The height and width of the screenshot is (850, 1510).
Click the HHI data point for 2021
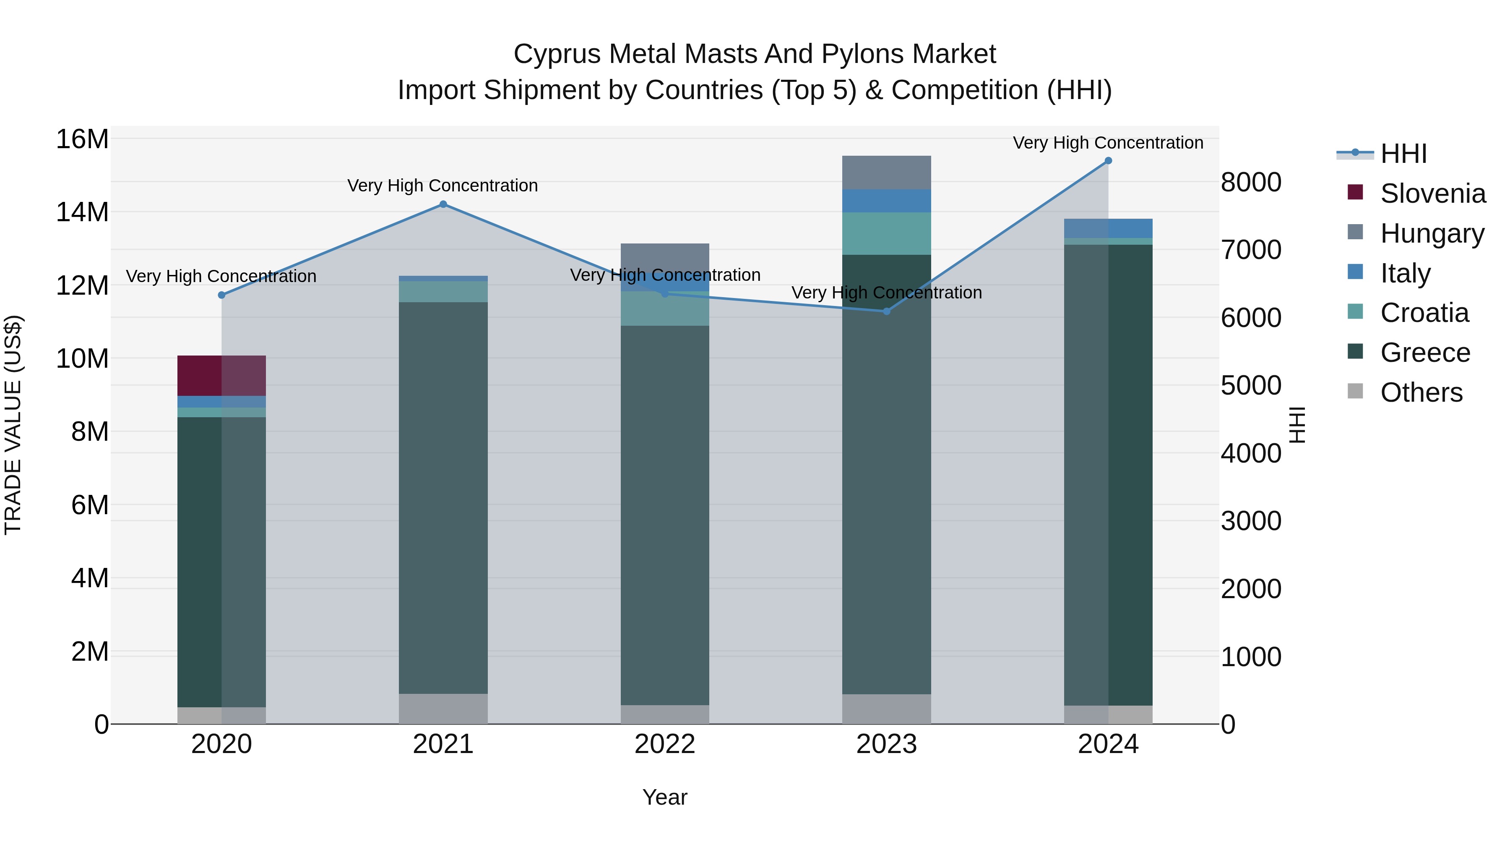[443, 204]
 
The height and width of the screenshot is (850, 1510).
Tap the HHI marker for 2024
[1108, 161]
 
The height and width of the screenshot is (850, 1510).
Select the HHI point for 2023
[886, 311]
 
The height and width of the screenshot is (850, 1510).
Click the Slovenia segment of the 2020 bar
[221, 375]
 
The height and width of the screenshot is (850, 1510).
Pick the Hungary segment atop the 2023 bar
[886, 173]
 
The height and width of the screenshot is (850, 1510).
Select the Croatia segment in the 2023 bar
[886, 233]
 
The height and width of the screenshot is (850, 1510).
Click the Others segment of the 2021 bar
[443, 709]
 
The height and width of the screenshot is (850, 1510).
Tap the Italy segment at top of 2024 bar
[1108, 228]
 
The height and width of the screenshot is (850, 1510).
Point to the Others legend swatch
[1355, 391]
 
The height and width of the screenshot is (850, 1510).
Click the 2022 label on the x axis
[665, 744]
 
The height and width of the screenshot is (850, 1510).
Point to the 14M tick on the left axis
[82, 212]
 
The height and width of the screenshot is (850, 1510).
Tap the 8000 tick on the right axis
[1251, 183]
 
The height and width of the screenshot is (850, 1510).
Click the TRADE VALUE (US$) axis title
[13, 425]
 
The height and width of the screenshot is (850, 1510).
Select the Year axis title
[665, 797]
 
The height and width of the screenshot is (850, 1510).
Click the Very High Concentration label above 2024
[1108, 143]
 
